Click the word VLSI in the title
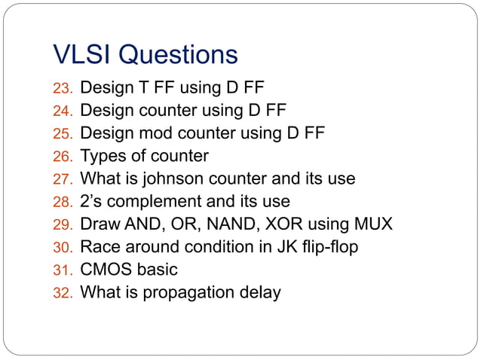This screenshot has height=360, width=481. click(83, 54)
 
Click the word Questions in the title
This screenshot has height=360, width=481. click(178, 55)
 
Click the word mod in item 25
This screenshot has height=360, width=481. click(148, 134)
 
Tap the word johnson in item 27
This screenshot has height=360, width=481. click(179, 179)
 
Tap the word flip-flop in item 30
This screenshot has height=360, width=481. click(329, 247)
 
